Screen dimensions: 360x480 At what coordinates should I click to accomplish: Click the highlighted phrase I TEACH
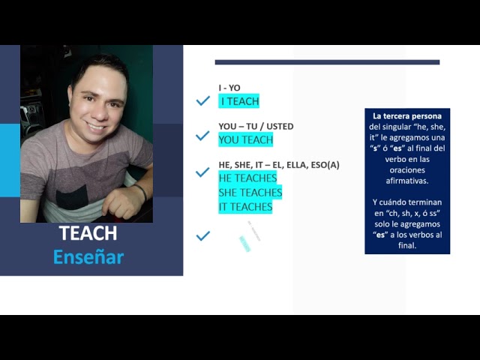click(x=239, y=101)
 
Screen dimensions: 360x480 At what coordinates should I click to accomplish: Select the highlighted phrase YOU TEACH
click(x=245, y=139)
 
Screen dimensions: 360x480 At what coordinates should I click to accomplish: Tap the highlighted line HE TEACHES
click(x=247, y=178)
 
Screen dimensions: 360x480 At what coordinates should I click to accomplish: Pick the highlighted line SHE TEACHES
click(x=250, y=193)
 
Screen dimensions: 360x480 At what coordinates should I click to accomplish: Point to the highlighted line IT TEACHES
click(x=245, y=206)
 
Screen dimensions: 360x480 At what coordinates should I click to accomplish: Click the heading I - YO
click(x=229, y=88)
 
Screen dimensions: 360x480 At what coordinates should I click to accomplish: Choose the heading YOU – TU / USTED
click(x=256, y=126)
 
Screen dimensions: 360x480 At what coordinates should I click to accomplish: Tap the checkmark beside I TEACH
click(x=202, y=100)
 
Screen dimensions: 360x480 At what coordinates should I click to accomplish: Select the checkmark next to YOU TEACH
click(x=202, y=136)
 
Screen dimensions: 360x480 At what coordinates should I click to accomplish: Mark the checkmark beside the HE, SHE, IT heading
click(x=202, y=172)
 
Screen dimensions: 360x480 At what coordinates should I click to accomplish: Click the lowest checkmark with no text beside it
click(x=202, y=235)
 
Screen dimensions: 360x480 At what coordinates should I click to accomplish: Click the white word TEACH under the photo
click(x=88, y=234)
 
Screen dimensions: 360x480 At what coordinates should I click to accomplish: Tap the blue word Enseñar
click(x=88, y=257)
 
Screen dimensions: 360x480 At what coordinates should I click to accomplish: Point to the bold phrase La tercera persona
click(x=407, y=116)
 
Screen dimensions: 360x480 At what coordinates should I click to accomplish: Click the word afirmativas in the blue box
click(x=406, y=181)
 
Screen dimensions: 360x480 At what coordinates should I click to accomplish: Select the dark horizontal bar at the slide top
click(x=327, y=62)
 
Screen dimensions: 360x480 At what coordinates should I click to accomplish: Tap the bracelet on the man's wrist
click(x=140, y=192)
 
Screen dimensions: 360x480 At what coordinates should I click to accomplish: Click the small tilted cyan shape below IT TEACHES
click(x=244, y=243)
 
